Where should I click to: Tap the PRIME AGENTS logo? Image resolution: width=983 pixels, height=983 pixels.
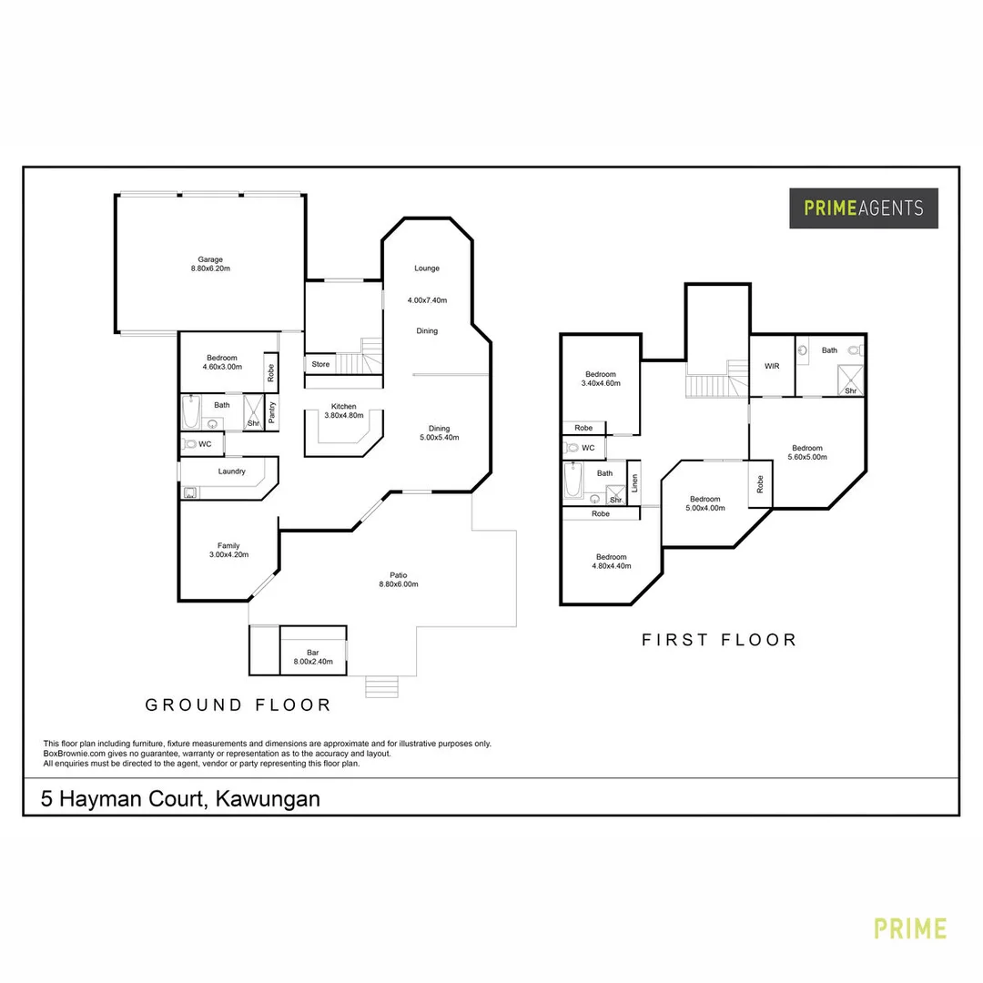pos(863,208)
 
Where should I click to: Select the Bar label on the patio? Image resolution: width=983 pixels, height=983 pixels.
pos(312,652)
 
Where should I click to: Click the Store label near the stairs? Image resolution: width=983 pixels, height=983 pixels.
pos(320,365)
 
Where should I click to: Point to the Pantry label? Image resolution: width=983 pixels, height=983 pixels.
pos(272,412)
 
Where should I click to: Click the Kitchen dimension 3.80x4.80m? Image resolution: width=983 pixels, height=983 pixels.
pos(344,416)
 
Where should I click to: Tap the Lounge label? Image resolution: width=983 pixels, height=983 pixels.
pos(427,269)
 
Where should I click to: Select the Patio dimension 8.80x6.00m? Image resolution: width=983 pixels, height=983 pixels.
pos(399,584)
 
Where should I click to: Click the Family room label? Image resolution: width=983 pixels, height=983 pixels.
pos(228,546)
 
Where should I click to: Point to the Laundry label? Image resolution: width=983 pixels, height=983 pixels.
pos(232,471)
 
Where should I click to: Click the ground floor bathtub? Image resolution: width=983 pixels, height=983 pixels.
pos(191,412)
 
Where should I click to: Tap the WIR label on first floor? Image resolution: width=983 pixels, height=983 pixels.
pos(772,366)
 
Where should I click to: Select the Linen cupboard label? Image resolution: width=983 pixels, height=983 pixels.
pos(634,482)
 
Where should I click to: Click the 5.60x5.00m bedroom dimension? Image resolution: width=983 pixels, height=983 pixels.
pos(807,457)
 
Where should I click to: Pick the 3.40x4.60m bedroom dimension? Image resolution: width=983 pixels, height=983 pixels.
pos(601,384)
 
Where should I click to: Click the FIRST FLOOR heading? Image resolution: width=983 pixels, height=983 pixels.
pos(719,640)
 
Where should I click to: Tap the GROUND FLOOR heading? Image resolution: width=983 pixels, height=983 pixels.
pos(238,704)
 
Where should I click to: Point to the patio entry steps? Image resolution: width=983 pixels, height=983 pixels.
pos(382,687)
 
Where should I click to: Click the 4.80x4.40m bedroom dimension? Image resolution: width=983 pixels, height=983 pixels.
pos(611,566)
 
